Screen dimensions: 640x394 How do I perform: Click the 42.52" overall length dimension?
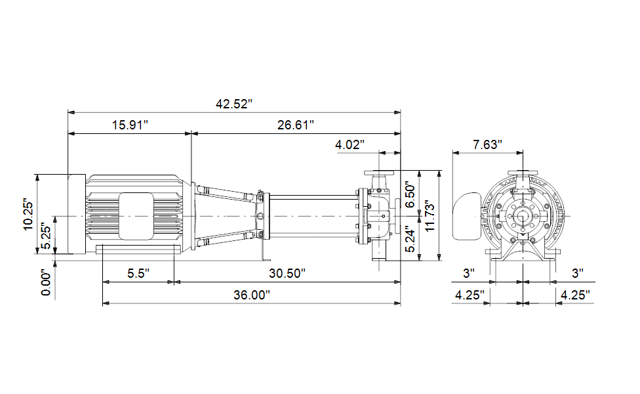tap(234, 104)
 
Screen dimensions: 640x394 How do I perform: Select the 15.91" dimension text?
tap(130, 125)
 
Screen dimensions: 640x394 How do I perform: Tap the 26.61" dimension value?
tap(296, 125)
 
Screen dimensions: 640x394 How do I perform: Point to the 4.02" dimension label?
tap(350, 144)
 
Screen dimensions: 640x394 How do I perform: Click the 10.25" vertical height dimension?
tap(28, 215)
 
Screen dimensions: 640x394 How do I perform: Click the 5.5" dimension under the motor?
tap(138, 273)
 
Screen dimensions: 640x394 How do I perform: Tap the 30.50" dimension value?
tap(287, 273)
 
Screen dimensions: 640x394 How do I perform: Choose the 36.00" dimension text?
tap(252, 295)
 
